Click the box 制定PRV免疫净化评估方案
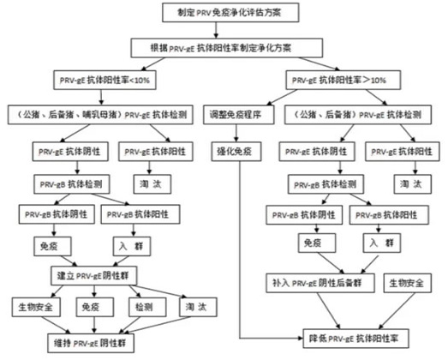coord(230,13)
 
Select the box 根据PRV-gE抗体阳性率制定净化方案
coord(227,48)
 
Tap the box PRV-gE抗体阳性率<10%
coord(105,80)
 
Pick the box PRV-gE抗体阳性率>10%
coord(343,80)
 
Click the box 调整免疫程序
coord(239,115)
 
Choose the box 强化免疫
coord(236,151)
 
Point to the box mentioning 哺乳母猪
coord(100,115)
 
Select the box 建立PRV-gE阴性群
coord(93,276)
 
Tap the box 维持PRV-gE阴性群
coord(91,343)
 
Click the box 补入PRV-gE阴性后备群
coord(320,283)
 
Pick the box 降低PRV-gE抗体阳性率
coord(355,339)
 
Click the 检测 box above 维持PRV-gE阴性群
coord(147,307)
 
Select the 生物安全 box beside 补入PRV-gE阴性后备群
coord(407,283)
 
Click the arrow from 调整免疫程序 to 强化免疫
coord(236,133)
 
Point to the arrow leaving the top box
coord(216,30)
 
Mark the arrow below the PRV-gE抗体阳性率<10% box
coord(101,98)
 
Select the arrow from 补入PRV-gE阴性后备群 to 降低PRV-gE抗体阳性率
coord(329,311)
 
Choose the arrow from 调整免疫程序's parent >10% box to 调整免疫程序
coord(282,98)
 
